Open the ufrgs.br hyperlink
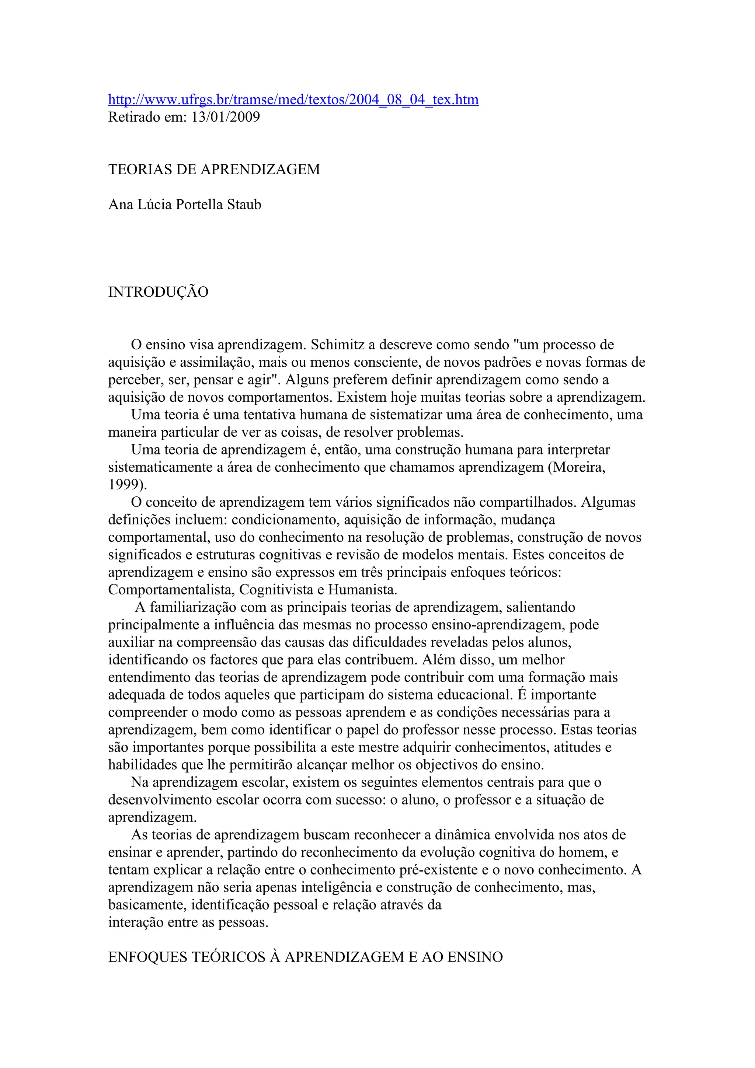(x=293, y=100)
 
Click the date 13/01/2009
(x=226, y=117)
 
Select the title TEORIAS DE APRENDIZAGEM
(x=214, y=169)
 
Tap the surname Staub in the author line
(x=244, y=205)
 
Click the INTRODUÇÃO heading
(x=158, y=292)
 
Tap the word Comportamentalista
(x=171, y=590)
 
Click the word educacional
(x=476, y=695)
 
